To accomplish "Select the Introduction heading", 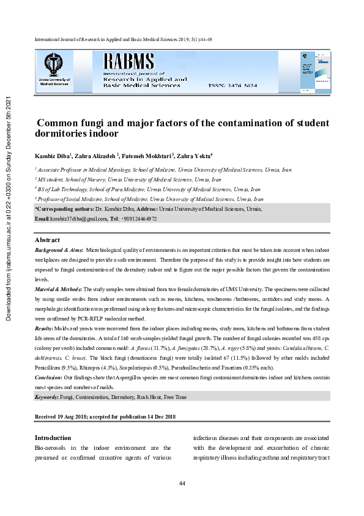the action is (53, 438).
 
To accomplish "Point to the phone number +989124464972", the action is (139, 218).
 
